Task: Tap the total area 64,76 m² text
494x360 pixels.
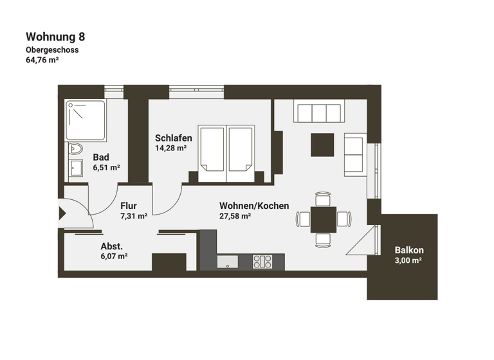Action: [42, 61]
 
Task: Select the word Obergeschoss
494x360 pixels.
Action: [52, 50]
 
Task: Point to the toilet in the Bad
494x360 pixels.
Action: [75, 149]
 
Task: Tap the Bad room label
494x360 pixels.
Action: [101, 157]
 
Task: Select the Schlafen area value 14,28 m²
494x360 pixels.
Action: [170, 148]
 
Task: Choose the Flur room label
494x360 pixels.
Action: [129, 206]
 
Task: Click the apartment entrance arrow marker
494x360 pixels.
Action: [62, 213]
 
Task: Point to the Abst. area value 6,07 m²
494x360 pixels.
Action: [114, 256]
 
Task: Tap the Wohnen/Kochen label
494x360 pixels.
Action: [254, 206]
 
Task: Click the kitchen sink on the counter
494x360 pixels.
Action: [228, 262]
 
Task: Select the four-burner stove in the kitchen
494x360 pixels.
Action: [261, 261]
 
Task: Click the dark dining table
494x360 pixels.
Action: [323, 219]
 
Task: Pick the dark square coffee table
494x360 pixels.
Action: [322, 145]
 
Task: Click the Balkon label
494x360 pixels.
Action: [409, 250]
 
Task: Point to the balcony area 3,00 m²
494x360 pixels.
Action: [408, 260]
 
